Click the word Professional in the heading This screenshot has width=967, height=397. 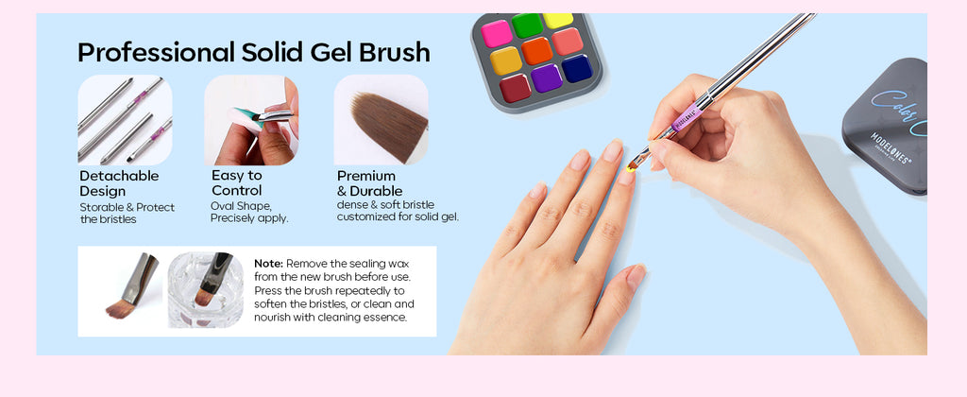[156, 53]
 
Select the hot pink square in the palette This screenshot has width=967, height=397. [497, 33]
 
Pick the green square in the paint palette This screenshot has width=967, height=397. [527, 25]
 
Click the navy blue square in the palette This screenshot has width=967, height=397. [577, 69]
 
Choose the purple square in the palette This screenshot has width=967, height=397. [546, 78]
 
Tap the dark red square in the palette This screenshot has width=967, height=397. [515, 88]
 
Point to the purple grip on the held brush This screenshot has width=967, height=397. [687, 116]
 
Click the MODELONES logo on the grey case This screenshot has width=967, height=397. [891, 148]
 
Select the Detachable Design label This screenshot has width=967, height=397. [119, 183]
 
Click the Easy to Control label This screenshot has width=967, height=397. [237, 182]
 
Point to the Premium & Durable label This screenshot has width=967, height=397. [369, 183]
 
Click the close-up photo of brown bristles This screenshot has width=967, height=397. [382, 120]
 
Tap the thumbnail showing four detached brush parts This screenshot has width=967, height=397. [126, 120]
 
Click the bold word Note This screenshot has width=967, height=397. [269, 264]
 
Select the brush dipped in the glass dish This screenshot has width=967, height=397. [212, 281]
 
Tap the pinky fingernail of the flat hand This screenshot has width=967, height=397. [536, 190]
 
